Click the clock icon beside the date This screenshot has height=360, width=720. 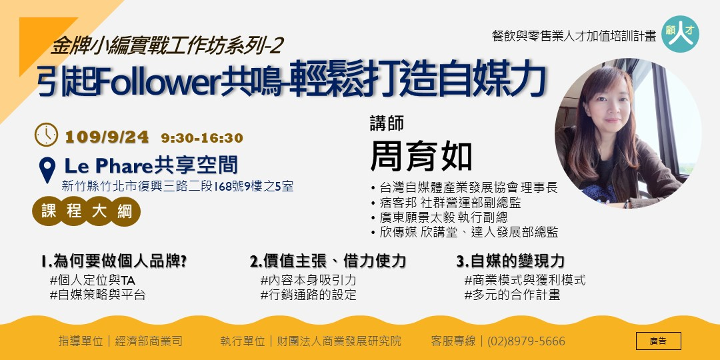[47, 135]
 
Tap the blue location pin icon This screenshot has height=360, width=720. [47, 169]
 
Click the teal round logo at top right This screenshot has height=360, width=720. [680, 34]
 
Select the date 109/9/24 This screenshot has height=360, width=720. [107, 138]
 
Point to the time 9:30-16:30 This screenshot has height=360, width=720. [201, 139]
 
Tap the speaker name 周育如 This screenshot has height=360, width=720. [421, 157]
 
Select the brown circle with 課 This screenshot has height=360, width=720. [49, 211]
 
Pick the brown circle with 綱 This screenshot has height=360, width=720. [125, 211]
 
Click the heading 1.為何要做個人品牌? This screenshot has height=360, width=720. [113, 261]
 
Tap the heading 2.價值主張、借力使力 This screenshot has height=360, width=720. [327, 261]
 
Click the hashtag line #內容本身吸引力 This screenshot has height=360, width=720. [308, 280]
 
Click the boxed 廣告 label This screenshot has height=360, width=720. [658, 341]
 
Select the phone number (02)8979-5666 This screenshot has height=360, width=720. [526, 341]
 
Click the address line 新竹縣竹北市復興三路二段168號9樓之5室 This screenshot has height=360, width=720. [177, 187]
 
